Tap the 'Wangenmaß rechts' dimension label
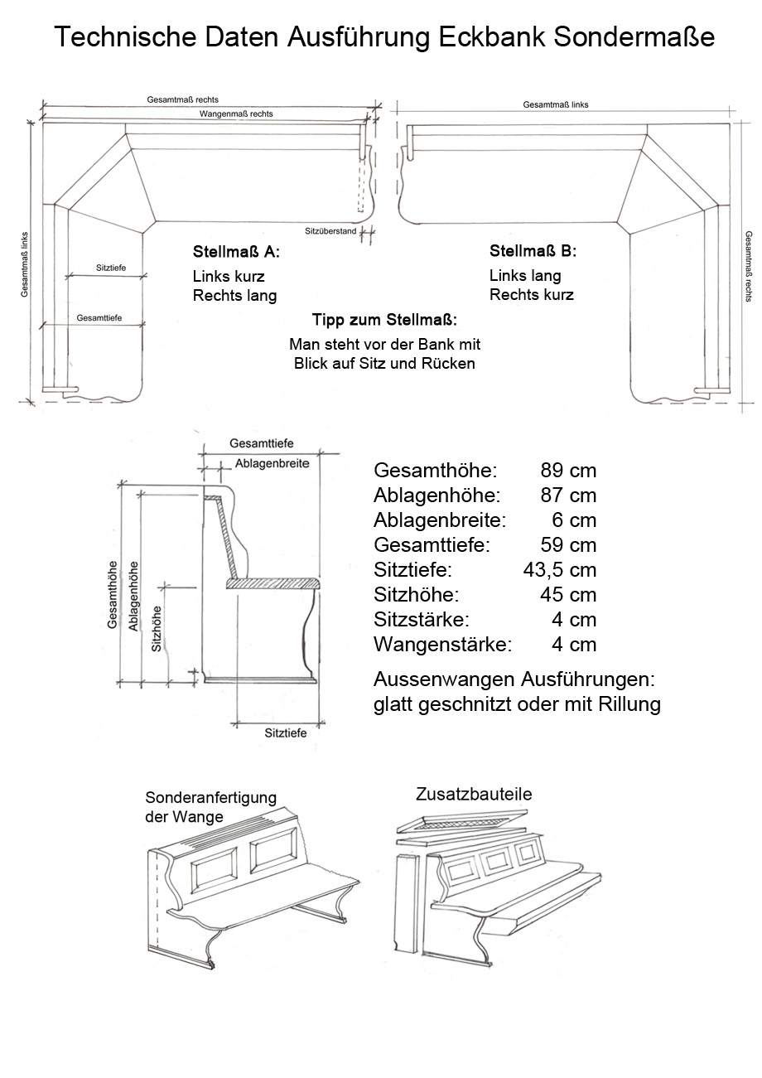point(236,114)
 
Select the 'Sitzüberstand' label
point(330,231)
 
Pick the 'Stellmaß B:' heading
point(533,251)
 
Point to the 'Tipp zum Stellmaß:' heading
point(384,320)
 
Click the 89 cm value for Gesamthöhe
point(568,471)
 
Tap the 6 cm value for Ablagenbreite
point(574,520)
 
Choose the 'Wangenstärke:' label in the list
point(442,644)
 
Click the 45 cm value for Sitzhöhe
point(568,595)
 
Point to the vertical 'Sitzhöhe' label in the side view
point(157,629)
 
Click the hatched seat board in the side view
point(272,583)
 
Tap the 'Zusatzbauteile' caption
point(473,795)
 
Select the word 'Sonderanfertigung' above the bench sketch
point(210,798)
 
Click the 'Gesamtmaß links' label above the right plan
point(556,105)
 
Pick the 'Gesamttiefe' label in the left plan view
point(99,318)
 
